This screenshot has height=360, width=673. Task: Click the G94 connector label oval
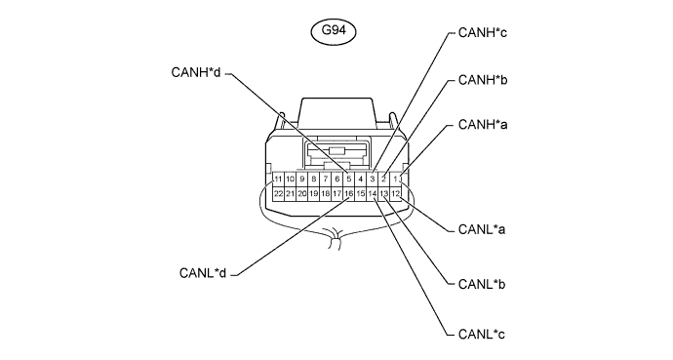[x=333, y=31]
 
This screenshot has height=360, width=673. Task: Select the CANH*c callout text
[x=483, y=32]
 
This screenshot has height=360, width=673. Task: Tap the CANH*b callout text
[x=483, y=80]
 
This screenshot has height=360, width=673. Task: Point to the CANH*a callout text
[x=483, y=125]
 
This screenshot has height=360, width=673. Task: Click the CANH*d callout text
[x=196, y=72]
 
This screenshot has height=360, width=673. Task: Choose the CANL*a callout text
[x=482, y=229]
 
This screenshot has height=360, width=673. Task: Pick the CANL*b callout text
[x=482, y=284]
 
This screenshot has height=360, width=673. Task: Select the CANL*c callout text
[x=482, y=334]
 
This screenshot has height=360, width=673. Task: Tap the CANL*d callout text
[x=203, y=273]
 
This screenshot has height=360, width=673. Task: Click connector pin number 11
[x=278, y=179]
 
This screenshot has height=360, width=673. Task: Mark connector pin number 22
[x=278, y=194]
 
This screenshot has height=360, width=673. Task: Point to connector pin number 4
[x=361, y=179]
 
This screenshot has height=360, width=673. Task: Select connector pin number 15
[x=361, y=194]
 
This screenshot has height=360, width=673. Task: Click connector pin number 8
[x=314, y=179]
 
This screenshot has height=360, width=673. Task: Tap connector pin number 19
[x=314, y=194]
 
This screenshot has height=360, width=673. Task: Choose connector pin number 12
[x=396, y=194]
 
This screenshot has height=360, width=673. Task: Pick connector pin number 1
[x=396, y=179]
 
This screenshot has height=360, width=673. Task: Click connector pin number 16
[x=349, y=194]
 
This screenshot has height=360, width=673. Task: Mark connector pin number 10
[x=290, y=179]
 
